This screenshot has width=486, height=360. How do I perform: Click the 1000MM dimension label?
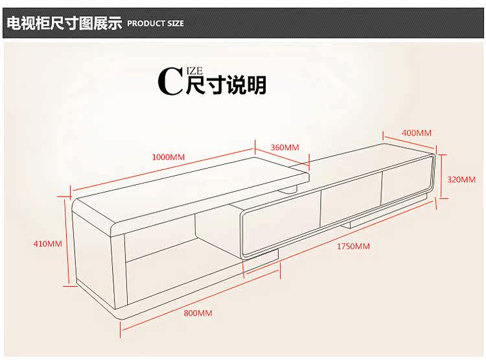tap(168, 157)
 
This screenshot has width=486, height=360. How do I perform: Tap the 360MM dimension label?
tap(284, 147)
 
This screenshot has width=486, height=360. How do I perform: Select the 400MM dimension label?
tap(417, 133)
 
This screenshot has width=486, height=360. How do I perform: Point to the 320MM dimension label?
tap(461, 180)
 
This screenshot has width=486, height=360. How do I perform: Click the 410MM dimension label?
tap(47, 244)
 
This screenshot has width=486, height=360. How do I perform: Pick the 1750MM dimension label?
tap(353, 246)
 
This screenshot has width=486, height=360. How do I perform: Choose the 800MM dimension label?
tap(198, 313)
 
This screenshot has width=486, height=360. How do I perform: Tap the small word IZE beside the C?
tap(196, 71)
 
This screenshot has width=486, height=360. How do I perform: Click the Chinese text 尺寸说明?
tap(226, 86)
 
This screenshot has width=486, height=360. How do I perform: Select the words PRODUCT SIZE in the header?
tap(156, 23)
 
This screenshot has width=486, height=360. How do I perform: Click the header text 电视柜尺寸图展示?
tap(64, 23)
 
